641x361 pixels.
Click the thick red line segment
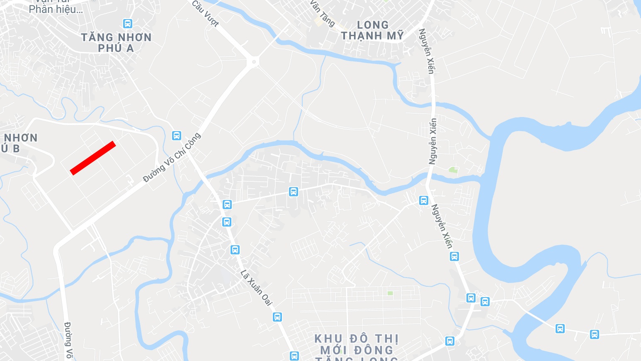coord(93,158)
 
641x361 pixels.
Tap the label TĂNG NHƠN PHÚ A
coord(116,43)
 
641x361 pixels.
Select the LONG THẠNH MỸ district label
coord(372,30)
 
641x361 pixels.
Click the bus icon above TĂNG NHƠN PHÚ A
coord(128,23)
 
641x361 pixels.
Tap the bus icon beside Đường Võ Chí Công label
coord(177,135)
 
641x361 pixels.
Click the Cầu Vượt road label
coord(205,13)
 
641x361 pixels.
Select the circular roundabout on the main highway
coord(253,62)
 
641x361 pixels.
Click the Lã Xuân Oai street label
coord(256,288)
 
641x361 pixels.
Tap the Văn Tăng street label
coord(322,13)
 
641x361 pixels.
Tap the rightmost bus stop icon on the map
coord(595,334)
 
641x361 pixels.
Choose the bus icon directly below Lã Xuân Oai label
coord(277,317)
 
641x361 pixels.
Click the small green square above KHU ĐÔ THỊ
coord(390,293)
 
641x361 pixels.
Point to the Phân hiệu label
coord(56,9)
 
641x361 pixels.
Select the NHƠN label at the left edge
coord(21,138)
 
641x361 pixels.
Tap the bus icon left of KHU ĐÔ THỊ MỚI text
coord(294,356)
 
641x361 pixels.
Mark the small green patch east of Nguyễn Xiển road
coord(453,170)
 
